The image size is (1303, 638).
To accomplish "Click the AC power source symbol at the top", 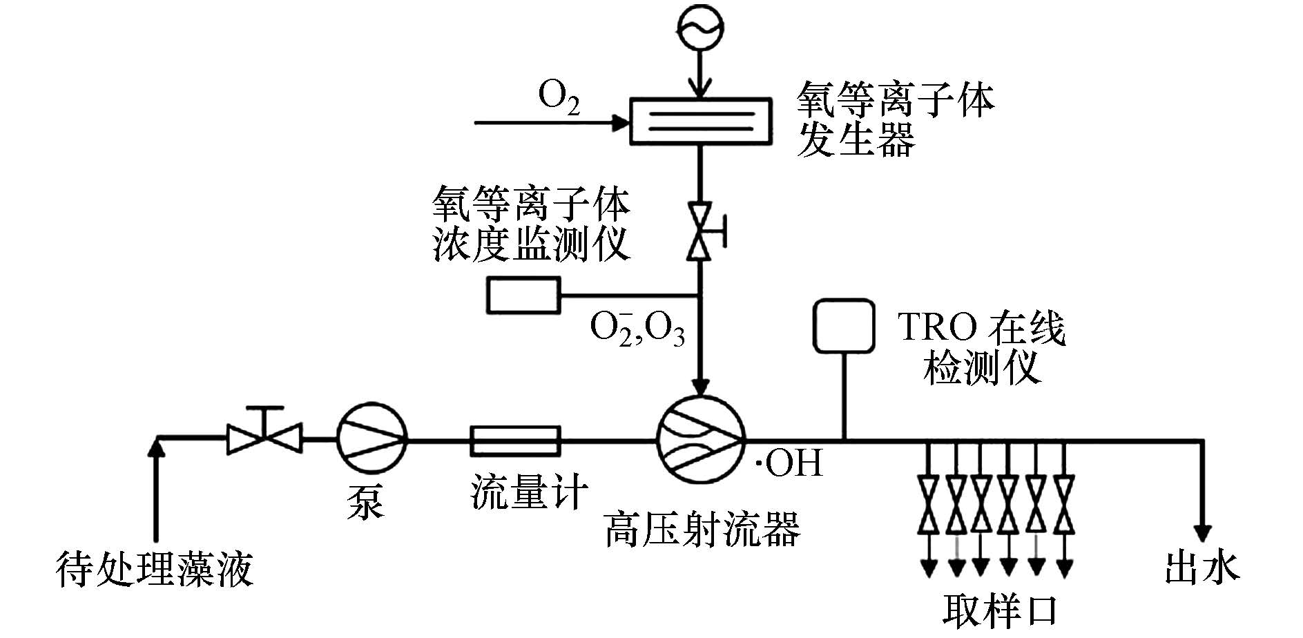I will [x=700, y=28].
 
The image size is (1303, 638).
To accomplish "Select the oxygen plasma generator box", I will [x=700, y=120].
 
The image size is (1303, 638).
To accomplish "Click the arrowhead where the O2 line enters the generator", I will [x=622, y=124].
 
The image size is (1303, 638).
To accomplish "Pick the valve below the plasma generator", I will [x=700, y=231].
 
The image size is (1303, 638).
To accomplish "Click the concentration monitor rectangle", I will [x=524, y=295].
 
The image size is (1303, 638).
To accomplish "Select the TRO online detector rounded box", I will [x=844, y=325].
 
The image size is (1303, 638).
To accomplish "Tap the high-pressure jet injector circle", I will [x=700, y=440].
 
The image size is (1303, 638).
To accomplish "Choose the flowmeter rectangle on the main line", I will [x=515, y=441].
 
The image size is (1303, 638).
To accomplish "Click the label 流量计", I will [x=529, y=492].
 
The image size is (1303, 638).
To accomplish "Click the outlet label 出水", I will [x=1202, y=568].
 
